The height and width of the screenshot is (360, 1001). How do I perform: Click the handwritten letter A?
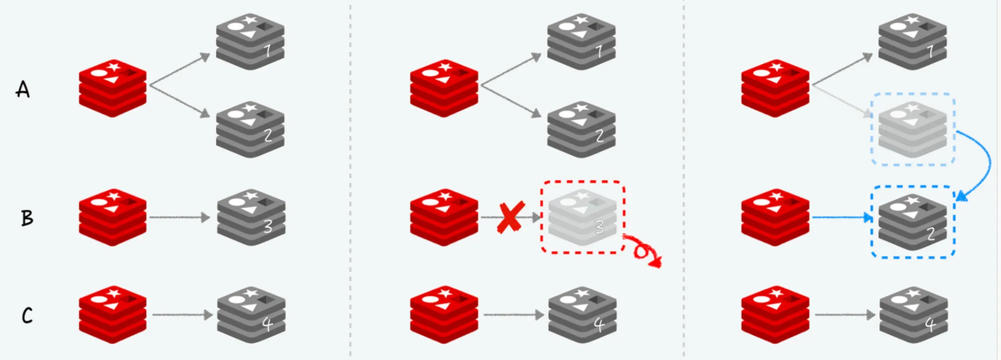pyautogui.click(x=23, y=89)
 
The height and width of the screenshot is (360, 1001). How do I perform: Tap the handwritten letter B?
pyautogui.click(x=27, y=218)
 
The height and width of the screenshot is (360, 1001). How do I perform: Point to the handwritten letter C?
pyautogui.click(x=27, y=315)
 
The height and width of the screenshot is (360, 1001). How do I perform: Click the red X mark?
pyautogui.click(x=511, y=217)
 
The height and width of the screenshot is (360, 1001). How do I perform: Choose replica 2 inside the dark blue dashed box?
pyautogui.click(x=913, y=222)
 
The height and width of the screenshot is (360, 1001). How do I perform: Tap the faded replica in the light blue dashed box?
pyautogui.click(x=913, y=129)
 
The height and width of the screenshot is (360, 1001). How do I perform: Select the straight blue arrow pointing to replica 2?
pyautogui.click(x=842, y=217)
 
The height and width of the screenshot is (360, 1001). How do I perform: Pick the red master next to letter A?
pyautogui.click(x=113, y=88)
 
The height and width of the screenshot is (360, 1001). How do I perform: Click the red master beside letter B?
pyautogui.click(x=113, y=217)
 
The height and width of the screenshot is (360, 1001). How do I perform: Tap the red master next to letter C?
pyautogui.click(x=113, y=314)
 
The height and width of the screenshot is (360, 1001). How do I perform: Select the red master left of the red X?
pyautogui.click(x=444, y=217)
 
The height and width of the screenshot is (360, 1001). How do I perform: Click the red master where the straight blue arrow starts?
pyautogui.click(x=775, y=217)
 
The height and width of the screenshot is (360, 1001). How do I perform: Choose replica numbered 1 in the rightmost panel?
pyautogui.click(x=913, y=42)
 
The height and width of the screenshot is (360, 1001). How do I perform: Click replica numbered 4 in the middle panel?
pyautogui.click(x=583, y=315)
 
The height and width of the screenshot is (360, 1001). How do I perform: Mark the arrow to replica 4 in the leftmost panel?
pyautogui.click(x=182, y=315)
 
